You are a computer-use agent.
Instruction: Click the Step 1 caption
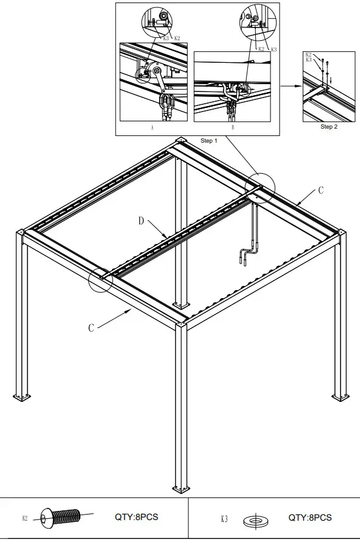point(209,141)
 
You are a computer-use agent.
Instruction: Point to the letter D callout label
point(141,221)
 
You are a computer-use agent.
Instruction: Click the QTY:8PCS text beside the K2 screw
point(136,517)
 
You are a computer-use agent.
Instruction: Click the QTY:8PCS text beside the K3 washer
point(310,517)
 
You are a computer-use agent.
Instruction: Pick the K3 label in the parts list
point(224,519)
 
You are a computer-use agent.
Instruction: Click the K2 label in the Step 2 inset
point(308,55)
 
